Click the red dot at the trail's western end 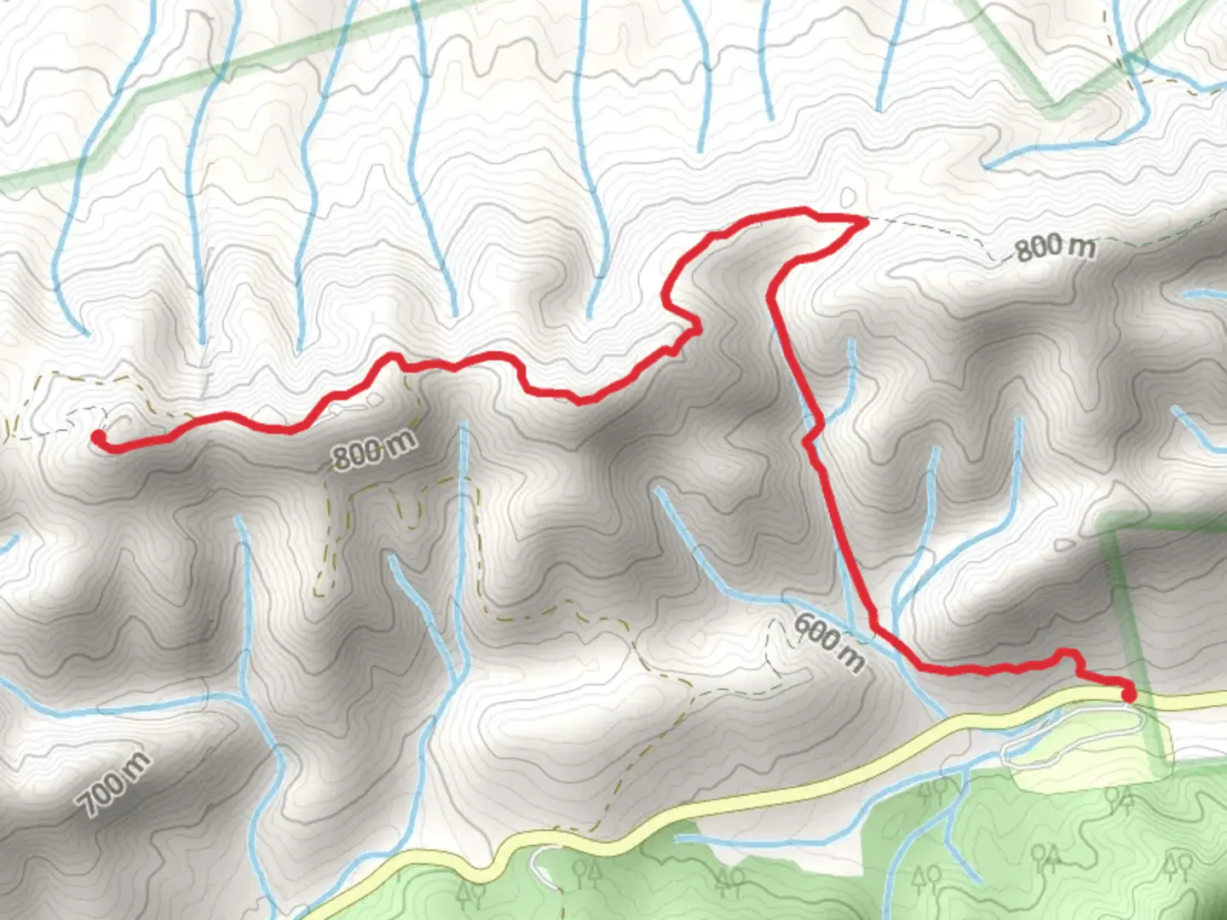pos(99,437)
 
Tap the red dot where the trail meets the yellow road pos(1129,694)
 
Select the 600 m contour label pos(828,641)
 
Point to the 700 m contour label pos(113,784)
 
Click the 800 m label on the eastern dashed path pos(1054,247)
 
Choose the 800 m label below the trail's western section pos(374,450)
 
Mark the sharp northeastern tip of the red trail pos(864,221)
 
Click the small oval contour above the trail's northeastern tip pos(848,196)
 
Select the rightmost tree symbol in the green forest pos(1177,867)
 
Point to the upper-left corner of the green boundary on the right pos(1108,530)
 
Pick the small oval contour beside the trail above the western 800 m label pos(374,398)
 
